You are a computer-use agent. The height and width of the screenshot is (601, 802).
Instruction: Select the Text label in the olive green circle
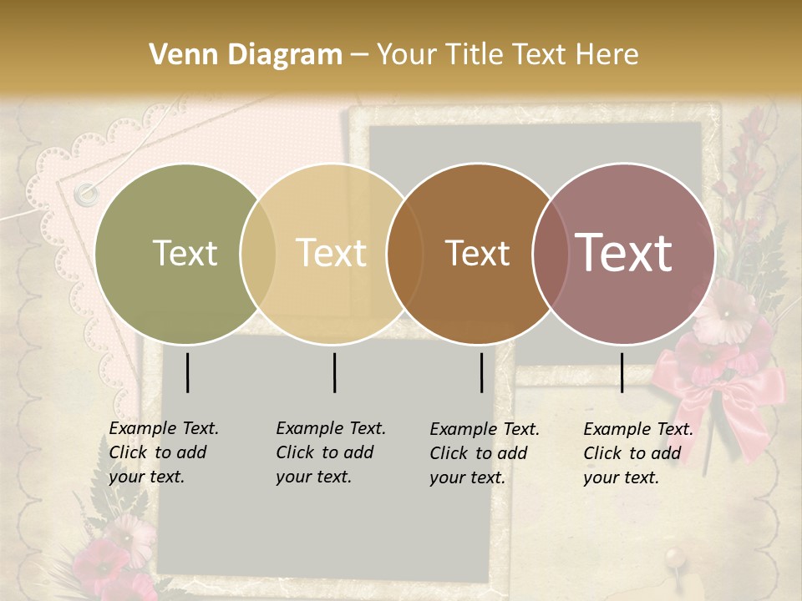(x=185, y=253)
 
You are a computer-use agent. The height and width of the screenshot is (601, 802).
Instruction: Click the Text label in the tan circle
(x=331, y=253)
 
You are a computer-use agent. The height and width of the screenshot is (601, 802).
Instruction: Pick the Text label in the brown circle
(x=477, y=253)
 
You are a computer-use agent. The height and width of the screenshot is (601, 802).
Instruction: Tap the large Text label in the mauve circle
(x=623, y=253)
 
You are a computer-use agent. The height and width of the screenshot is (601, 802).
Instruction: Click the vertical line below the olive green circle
(x=188, y=372)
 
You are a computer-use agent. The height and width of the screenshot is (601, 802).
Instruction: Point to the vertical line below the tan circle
(x=334, y=372)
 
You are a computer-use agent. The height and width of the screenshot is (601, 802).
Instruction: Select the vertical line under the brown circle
(x=482, y=372)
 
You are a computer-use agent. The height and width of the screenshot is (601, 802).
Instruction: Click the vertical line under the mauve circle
(x=622, y=372)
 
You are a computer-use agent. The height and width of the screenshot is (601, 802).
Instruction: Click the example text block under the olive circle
(x=164, y=452)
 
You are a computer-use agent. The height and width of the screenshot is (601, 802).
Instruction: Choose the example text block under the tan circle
(x=331, y=452)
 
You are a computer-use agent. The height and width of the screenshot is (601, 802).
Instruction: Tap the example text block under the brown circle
(x=485, y=453)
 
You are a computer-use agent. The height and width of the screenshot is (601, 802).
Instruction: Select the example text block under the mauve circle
(x=638, y=453)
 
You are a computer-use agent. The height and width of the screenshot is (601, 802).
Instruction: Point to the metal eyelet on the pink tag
(x=85, y=194)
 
